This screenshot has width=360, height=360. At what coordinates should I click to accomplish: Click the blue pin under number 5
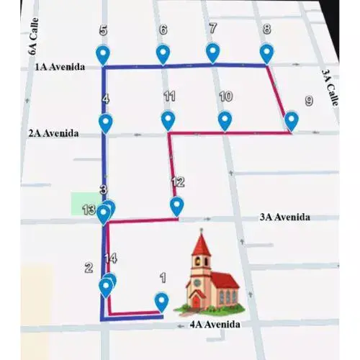click(x=104, y=54)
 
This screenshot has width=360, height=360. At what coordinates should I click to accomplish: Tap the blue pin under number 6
click(x=163, y=53)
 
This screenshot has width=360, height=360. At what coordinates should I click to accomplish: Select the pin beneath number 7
click(x=212, y=52)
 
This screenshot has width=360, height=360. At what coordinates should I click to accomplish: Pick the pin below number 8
click(x=266, y=53)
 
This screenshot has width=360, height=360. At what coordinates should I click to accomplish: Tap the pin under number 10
click(x=225, y=120)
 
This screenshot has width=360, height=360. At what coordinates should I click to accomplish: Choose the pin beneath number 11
click(x=168, y=120)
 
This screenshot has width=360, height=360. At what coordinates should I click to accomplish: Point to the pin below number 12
click(x=176, y=206)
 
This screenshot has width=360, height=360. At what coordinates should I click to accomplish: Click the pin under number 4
click(x=106, y=122)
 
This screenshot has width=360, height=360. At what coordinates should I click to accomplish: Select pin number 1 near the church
click(x=162, y=300)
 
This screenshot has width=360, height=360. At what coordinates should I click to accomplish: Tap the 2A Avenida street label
click(x=53, y=133)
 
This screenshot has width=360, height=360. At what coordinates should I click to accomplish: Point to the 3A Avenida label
click(x=284, y=216)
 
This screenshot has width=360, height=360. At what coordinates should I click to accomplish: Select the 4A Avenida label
click(x=215, y=324)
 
